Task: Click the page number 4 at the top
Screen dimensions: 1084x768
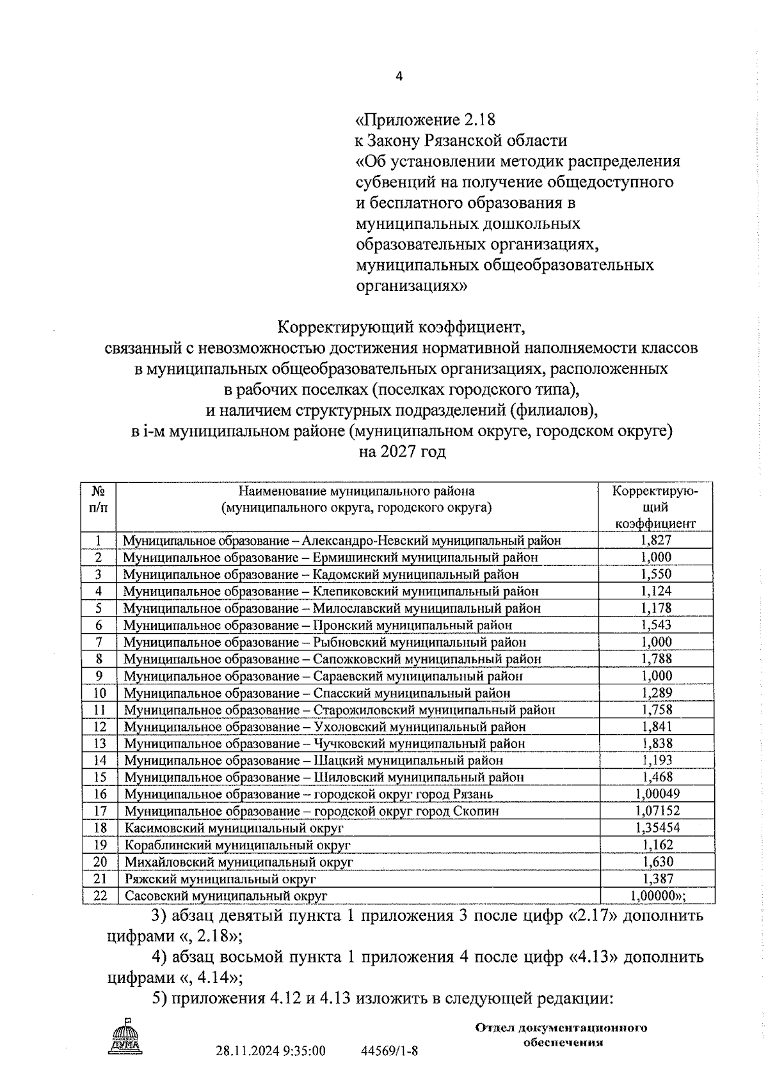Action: (399, 77)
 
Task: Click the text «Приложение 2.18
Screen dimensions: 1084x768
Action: (426, 120)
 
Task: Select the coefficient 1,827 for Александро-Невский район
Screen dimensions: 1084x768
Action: (655, 540)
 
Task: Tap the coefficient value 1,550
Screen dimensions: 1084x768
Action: (655, 574)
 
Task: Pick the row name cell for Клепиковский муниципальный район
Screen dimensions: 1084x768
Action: (331, 592)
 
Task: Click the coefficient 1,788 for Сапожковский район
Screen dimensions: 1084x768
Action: (655, 659)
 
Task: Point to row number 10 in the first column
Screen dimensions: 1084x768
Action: (99, 693)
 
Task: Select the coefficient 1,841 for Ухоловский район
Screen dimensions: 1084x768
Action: (655, 727)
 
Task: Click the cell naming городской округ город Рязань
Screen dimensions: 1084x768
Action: (308, 794)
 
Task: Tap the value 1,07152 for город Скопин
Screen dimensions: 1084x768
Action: (657, 811)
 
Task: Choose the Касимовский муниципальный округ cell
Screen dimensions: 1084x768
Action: (234, 828)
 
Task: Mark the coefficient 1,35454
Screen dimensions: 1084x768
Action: (657, 828)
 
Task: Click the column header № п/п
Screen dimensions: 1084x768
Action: (99, 499)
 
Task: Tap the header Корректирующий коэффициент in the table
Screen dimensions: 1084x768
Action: (655, 508)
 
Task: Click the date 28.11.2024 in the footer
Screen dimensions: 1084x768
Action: (243, 1051)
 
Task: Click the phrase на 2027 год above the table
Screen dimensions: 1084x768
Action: (401, 452)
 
